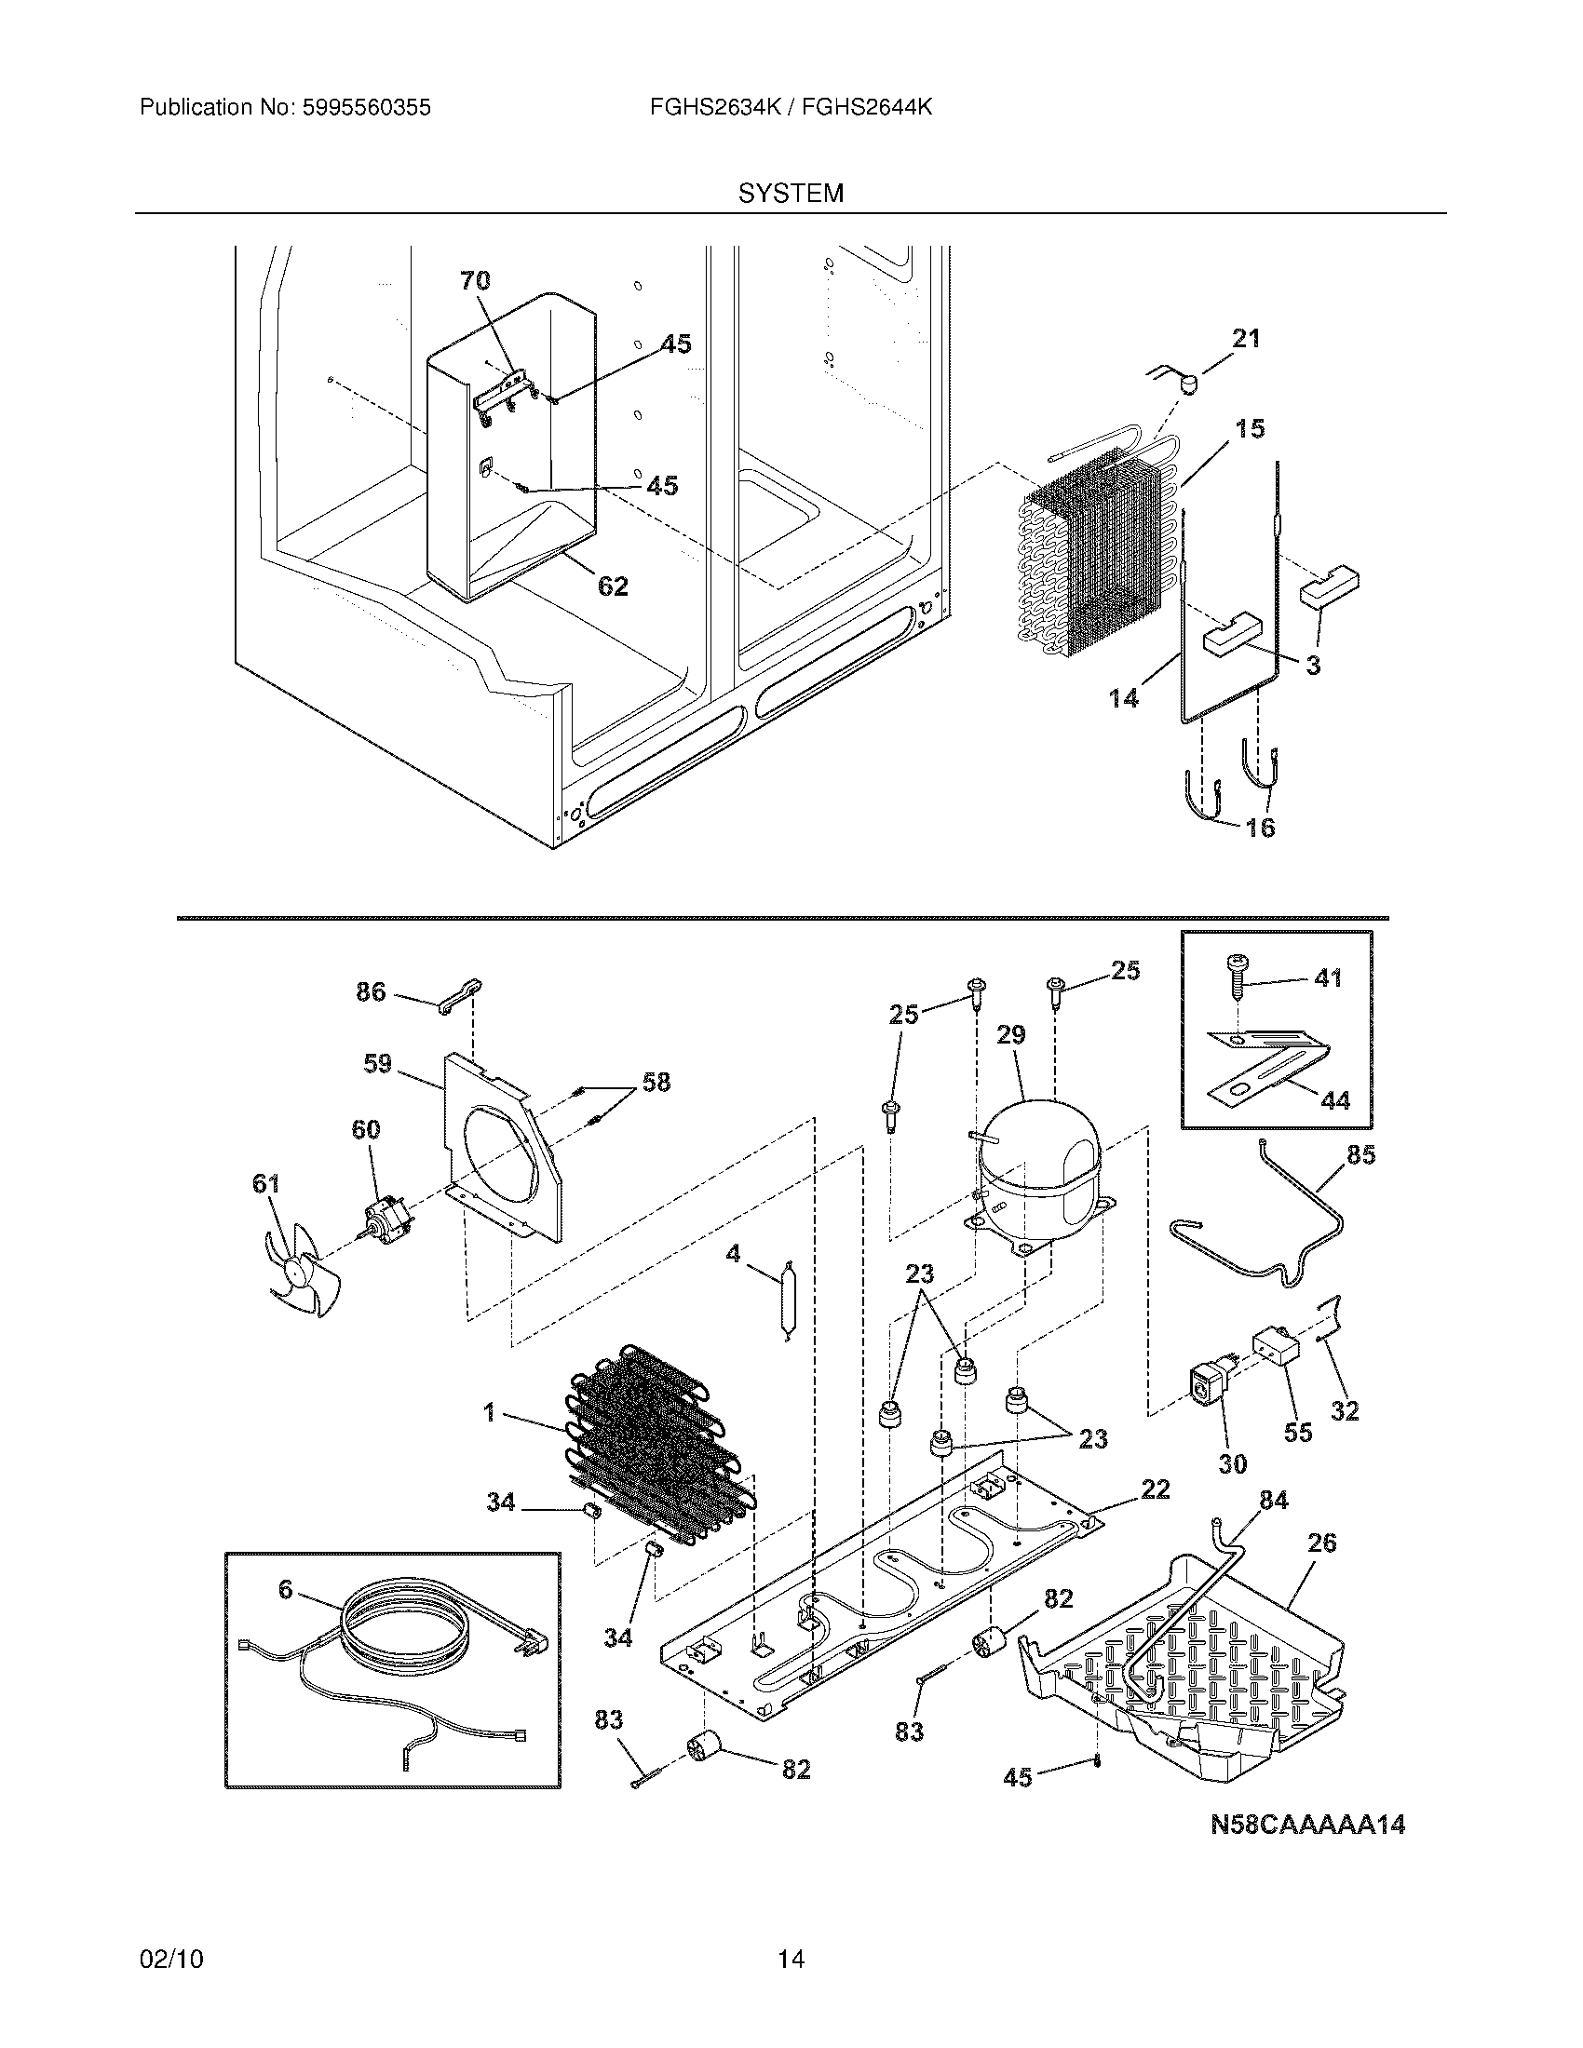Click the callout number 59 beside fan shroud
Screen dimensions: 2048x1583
(x=377, y=1064)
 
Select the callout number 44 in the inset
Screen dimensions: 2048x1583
(x=1334, y=1099)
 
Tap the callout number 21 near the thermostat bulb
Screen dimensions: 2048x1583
(x=1245, y=339)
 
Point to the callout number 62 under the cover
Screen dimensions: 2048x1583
(x=613, y=586)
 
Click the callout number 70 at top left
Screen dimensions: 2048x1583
(x=475, y=279)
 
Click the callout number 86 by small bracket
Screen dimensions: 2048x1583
(x=371, y=991)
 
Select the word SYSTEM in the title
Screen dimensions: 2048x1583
(x=791, y=194)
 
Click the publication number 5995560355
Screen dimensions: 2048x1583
(x=367, y=108)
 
